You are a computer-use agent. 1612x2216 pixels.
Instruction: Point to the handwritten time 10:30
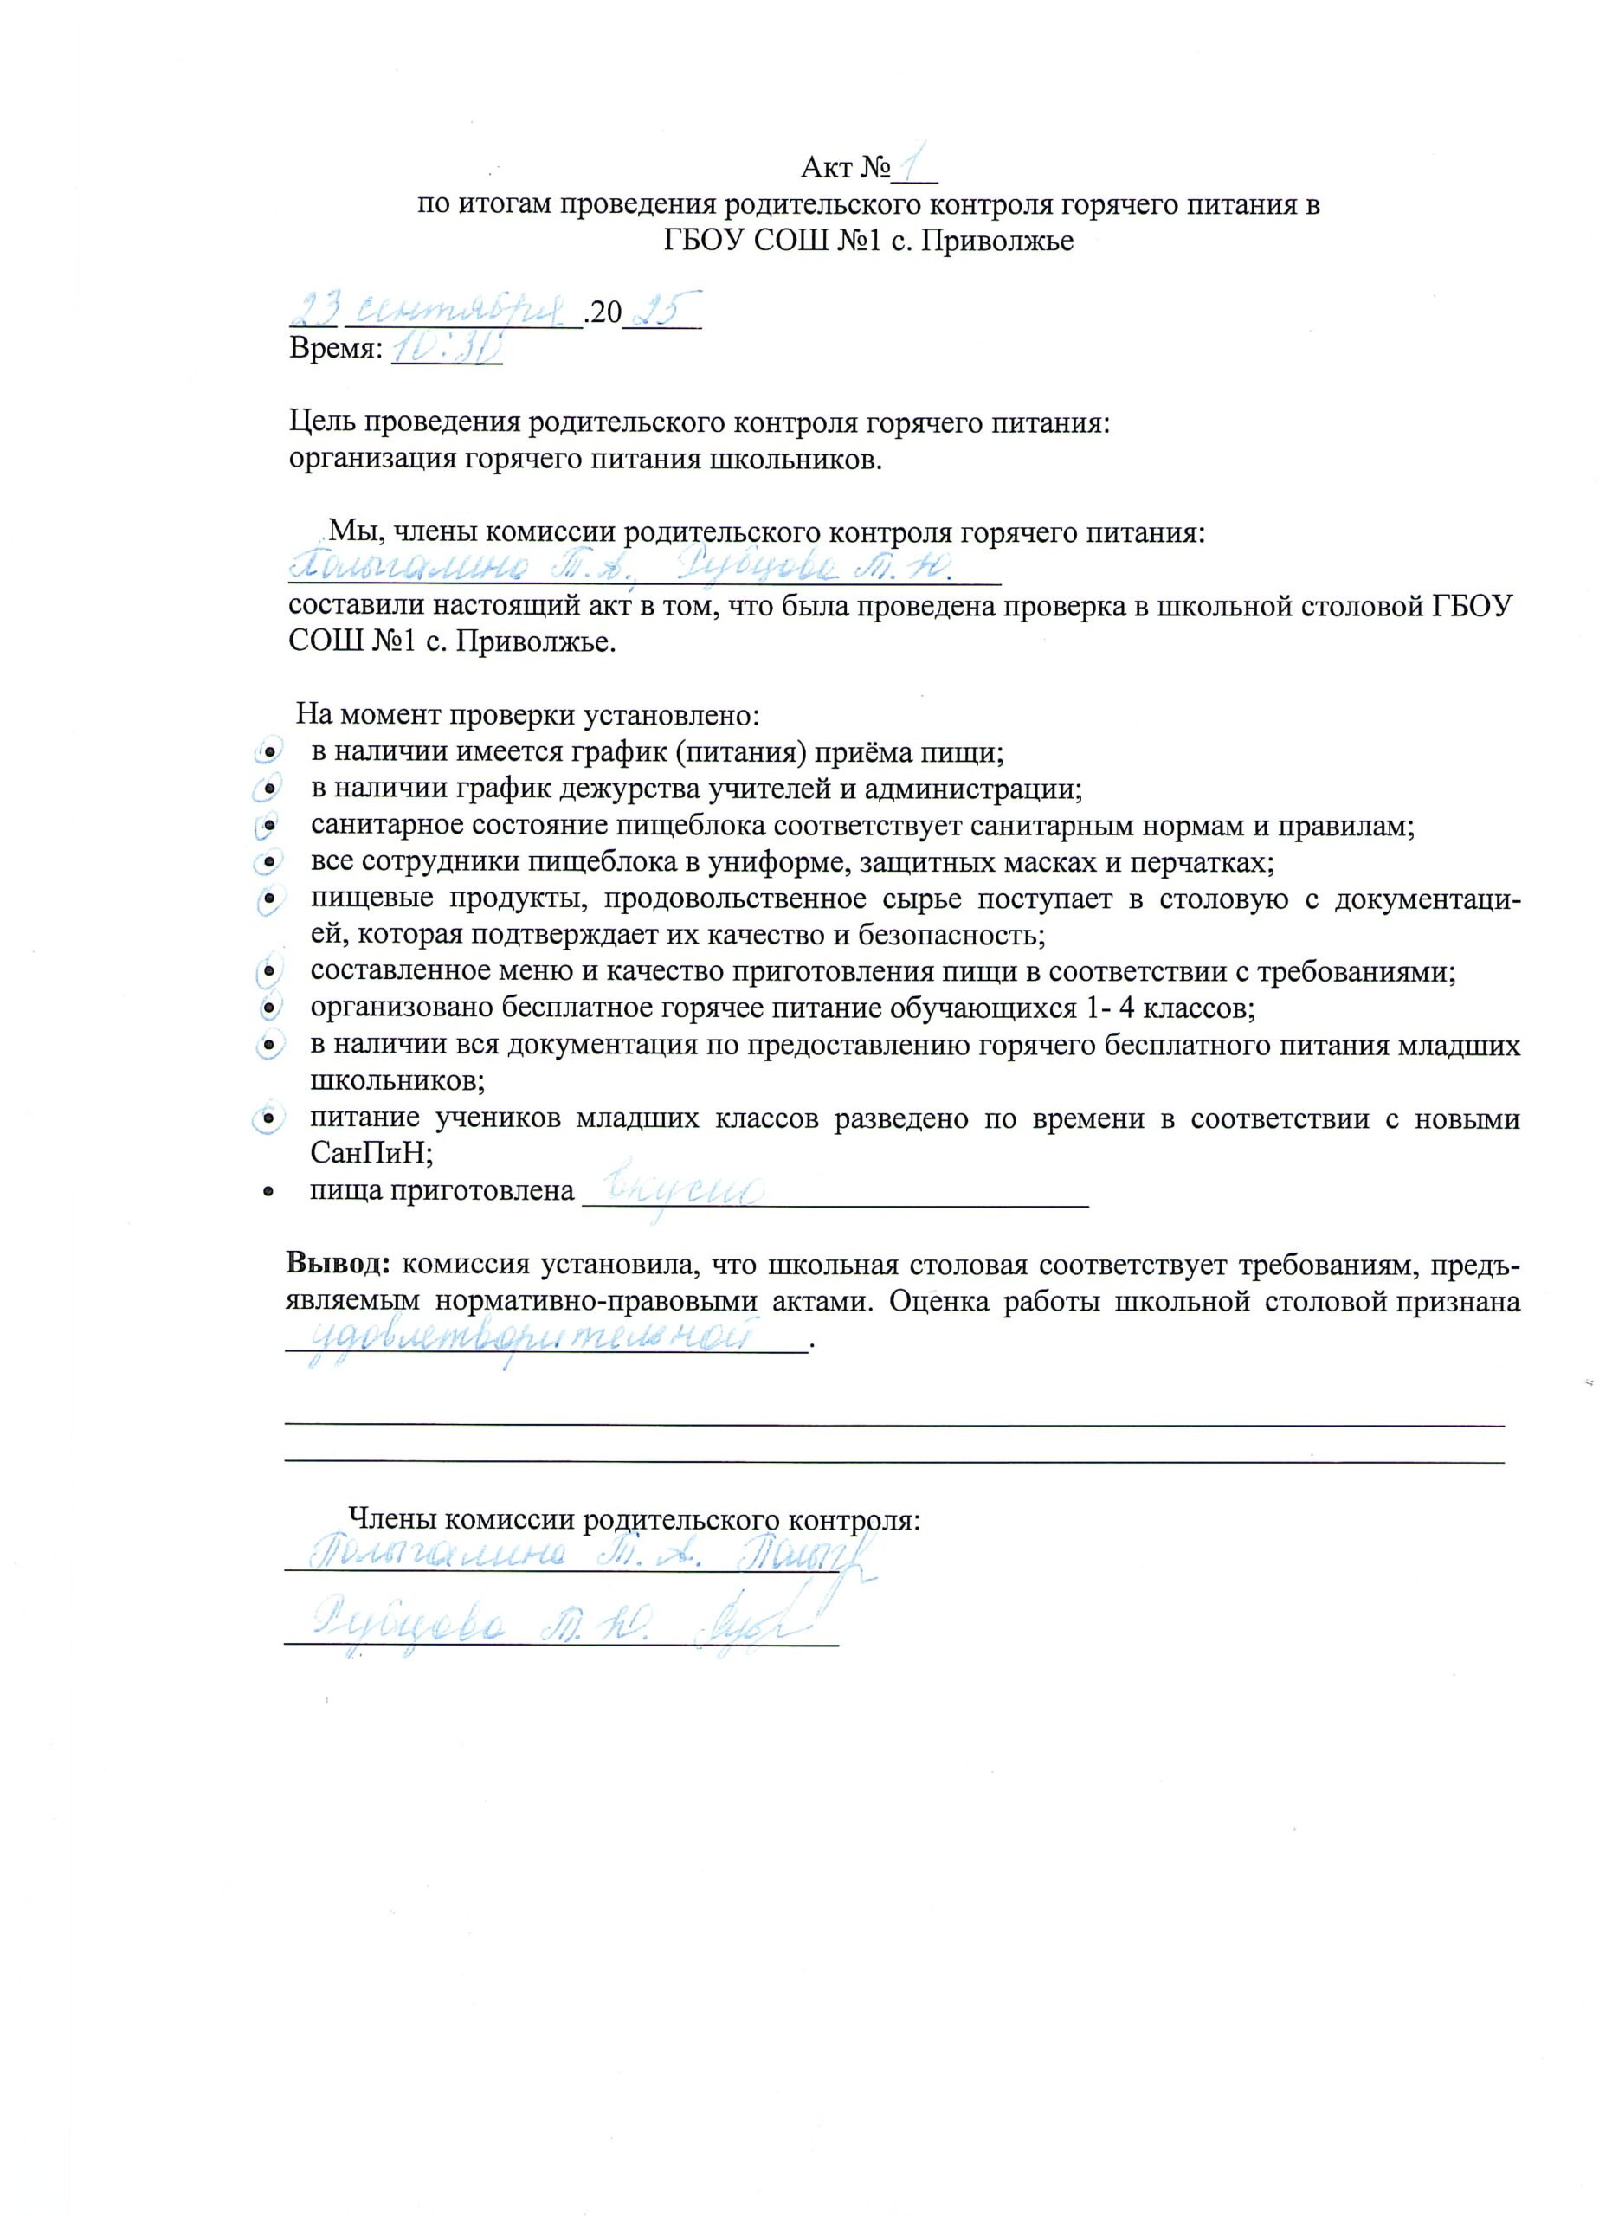coord(446,347)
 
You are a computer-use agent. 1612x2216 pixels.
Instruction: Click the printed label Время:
coord(335,349)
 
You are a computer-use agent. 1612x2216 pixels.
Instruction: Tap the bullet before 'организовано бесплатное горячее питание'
coord(267,1008)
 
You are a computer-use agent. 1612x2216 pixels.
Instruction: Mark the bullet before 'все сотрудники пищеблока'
coord(267,864)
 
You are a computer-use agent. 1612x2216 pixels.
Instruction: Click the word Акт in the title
coord(827,168)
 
